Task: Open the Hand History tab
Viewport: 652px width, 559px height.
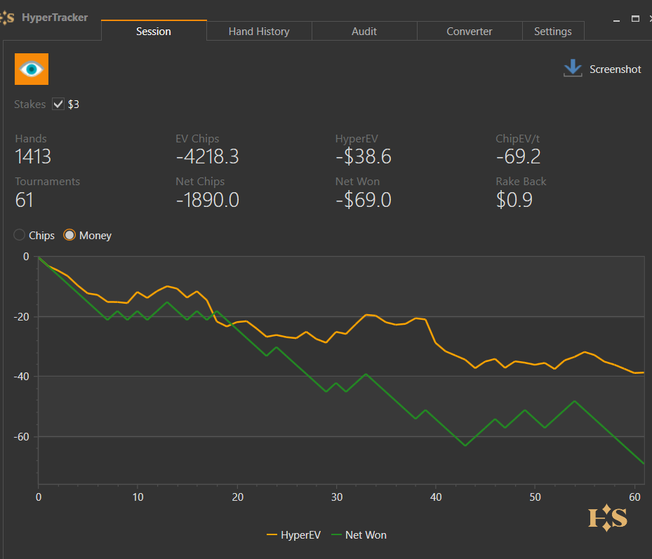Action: coord(259,31)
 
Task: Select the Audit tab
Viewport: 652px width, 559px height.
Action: coord(364,31)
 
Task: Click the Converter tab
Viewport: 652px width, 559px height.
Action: coord(470,31)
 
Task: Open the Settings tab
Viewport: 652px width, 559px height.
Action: coord(553,31)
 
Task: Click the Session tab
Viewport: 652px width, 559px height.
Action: coord(154,31)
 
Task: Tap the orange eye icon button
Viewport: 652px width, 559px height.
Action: coord(32,69)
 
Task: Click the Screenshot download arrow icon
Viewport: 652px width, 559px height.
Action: coord(573,68)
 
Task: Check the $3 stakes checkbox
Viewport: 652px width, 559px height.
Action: coord(58,105)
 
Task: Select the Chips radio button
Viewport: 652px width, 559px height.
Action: coord(20,235)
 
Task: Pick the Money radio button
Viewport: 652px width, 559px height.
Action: coord(69,235)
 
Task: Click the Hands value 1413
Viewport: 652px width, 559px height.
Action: coord(33,156)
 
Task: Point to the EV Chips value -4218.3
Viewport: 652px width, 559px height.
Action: coord(207,156)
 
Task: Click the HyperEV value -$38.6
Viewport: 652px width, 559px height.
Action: coord(363,156)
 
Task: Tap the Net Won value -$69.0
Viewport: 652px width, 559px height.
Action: coord(363,200)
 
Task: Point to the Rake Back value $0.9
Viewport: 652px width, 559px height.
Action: coord(514,200)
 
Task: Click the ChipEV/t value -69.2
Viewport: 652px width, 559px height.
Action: coord(518,156)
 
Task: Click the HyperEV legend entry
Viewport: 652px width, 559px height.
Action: coord(294,535)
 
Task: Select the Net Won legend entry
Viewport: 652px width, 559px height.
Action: coord(359,535)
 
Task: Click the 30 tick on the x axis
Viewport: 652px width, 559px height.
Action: coord(336,497)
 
